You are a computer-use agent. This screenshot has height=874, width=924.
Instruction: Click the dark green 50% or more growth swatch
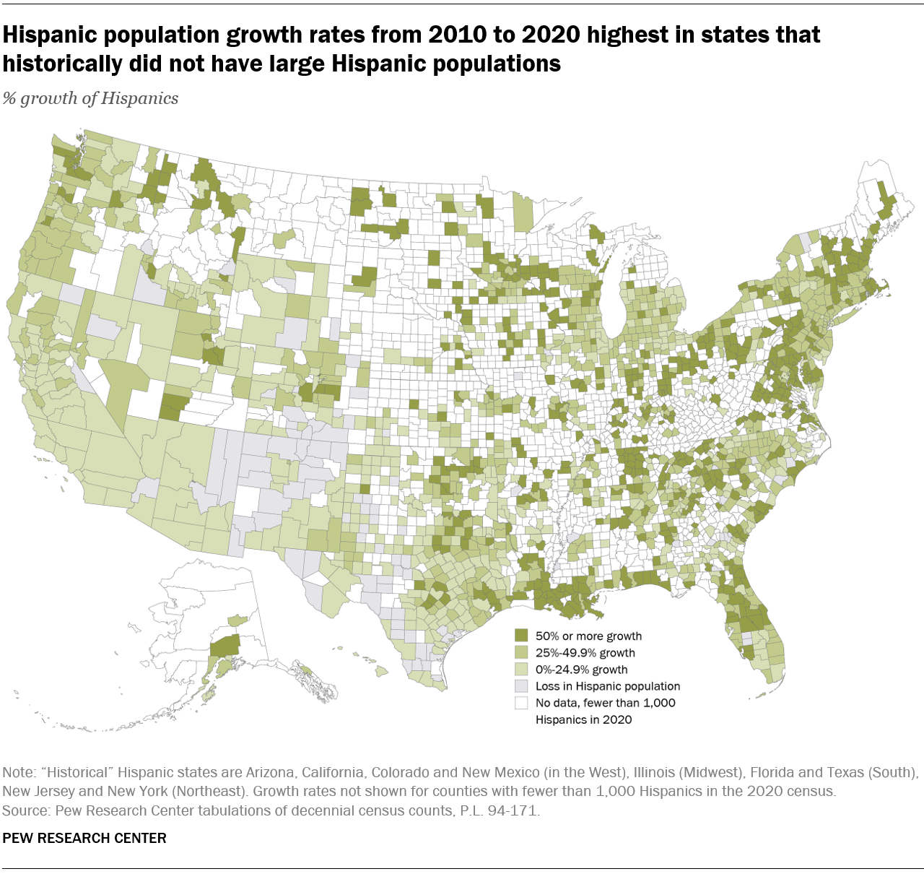pos(521,636)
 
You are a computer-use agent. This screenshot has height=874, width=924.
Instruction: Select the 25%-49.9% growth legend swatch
pos(521,652)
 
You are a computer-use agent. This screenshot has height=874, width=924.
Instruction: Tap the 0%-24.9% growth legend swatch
pos(521,670)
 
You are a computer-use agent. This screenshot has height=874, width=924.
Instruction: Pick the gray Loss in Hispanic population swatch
pos(521,686)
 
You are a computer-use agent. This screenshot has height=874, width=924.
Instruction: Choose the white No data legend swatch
pos(521,703)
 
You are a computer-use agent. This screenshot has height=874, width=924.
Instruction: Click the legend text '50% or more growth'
pos(588,636)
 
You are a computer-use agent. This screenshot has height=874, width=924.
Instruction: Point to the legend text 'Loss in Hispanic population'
pos(608,686)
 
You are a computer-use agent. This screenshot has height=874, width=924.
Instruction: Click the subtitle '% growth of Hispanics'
pos(90,99)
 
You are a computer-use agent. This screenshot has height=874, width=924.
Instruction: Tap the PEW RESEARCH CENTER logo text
pos(84,839)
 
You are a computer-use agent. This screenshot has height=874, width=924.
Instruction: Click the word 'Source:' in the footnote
pos(24,810)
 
